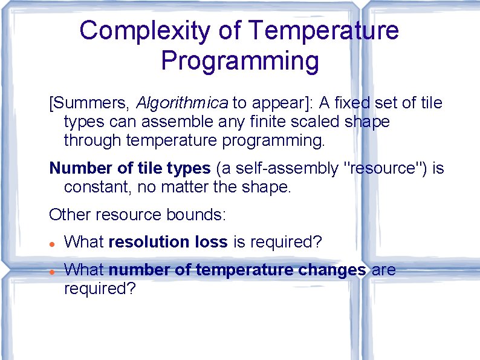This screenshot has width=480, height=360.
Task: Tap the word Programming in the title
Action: click(240, 61)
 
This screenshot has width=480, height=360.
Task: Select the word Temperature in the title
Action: click(323, 31)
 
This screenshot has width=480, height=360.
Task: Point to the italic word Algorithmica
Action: click(183, 103)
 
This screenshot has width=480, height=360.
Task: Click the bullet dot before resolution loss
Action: click(53, 243)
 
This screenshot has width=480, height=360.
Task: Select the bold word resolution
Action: click(149, 242)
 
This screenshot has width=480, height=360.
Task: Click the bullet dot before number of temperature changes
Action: click(53, 272)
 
